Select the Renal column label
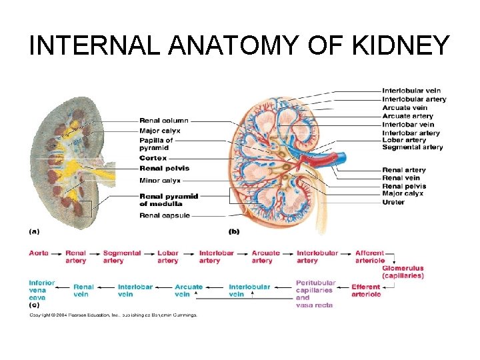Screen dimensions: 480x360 click(164, 121)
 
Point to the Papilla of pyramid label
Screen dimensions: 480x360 click(156, 144)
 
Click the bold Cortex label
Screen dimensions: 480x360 click(153, 158)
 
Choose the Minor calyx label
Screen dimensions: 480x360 click(159, 180)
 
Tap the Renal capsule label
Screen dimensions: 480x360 click(164, 215)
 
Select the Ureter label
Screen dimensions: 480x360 click(393, 202)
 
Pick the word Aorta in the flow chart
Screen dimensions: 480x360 click(39, 253)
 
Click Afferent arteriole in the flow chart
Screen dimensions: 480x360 click(370, 257)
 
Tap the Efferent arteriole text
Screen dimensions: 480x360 click(366, 290)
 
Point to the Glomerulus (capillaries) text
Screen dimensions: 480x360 click(403, 272)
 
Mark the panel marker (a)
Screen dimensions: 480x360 click(34, 232)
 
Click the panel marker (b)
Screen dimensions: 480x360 click(234, 232)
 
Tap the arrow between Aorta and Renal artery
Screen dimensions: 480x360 click(57, 253)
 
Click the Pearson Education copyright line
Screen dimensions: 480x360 click(113, 315)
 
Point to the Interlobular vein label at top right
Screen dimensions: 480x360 click(411, 91)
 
